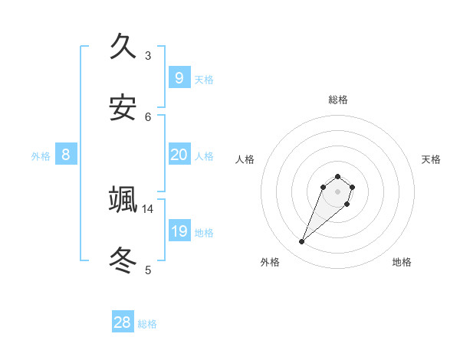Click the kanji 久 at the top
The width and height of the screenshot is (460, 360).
[x=123, y=47]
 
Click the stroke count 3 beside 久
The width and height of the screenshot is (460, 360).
[x=148, y=55]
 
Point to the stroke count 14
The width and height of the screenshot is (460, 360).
[x=148, y=208]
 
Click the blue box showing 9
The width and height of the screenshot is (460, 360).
[x=179, y=78]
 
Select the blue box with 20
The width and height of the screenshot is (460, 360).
[x=179, y=155]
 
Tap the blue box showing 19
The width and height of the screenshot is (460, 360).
[x=179, y=231]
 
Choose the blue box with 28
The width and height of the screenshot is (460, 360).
[x=123, y=322]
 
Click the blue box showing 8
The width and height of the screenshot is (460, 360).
[x=66, y=155]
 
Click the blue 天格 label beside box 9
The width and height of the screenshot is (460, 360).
[x=204, y=79]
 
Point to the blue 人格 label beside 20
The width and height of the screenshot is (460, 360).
[x=204, y=155]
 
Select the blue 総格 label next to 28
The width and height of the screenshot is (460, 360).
[x=147, y=323]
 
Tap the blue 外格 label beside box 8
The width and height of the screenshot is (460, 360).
[x=41, y=155]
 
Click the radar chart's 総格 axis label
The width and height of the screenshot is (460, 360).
[x=338, y=100]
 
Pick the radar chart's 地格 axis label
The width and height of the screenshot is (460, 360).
[x=402, y=262]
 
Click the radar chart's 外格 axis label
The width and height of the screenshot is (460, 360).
[x=270, y=262]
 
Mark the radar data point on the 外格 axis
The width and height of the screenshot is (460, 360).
[x=302, y=242]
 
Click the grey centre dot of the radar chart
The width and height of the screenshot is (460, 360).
[x=337, y=191]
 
